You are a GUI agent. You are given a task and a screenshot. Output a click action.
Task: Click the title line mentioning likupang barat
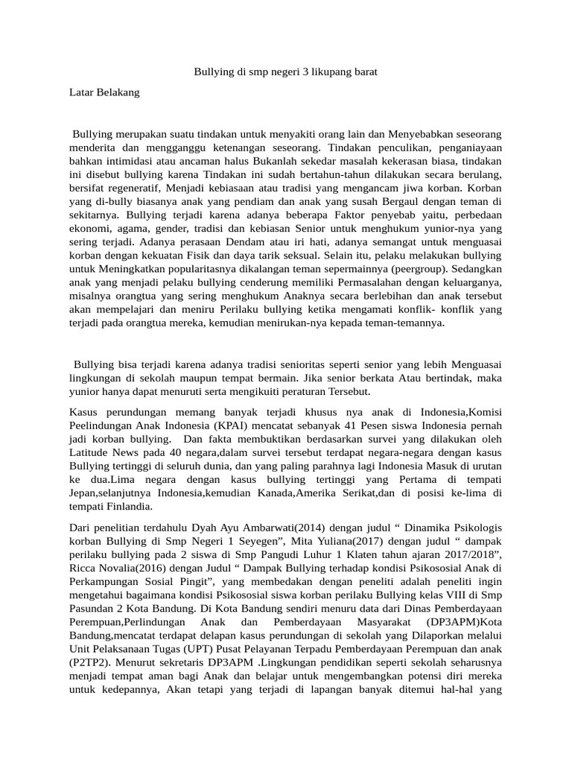[287, 72]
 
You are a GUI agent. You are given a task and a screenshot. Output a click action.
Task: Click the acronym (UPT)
[201, 648]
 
